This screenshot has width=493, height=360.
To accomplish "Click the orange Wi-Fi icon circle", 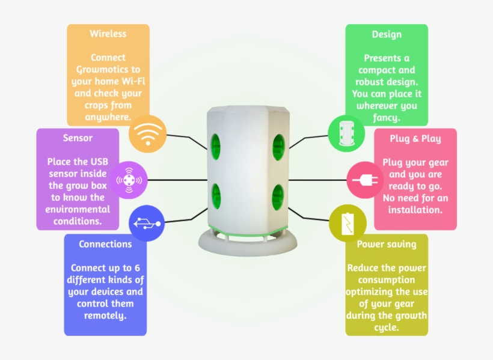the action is pos(147,133).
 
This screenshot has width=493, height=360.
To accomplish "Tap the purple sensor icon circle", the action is pos(129,180).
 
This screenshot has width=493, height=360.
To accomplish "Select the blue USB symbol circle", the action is pos(147,223).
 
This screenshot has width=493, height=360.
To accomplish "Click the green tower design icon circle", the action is pos(346,133).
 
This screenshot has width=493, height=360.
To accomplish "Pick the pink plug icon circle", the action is pos(365,180).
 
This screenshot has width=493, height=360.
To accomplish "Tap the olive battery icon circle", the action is pos(348,223).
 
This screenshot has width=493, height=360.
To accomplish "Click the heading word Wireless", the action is pos(108,34).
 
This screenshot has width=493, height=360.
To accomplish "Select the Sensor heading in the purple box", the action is pos(78,138).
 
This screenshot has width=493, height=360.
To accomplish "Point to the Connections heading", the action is pos(105,244).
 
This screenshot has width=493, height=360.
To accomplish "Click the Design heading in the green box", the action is pos(387,34).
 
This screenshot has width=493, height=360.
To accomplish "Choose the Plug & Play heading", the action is pos(415,139).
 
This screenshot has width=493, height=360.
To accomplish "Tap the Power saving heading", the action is pos(387,244).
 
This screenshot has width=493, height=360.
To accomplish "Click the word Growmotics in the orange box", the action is pos(108,70).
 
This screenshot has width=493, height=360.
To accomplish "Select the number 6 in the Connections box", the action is pos(137,268).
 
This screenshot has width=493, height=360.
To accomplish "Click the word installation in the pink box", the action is pos(415,210).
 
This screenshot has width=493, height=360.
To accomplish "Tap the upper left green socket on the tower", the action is pos(215,147).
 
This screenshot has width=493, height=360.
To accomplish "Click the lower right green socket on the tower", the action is pos(278,197).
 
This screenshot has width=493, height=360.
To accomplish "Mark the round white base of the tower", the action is pos(248,243).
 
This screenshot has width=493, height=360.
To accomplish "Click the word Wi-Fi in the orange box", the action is pos(133,81).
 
